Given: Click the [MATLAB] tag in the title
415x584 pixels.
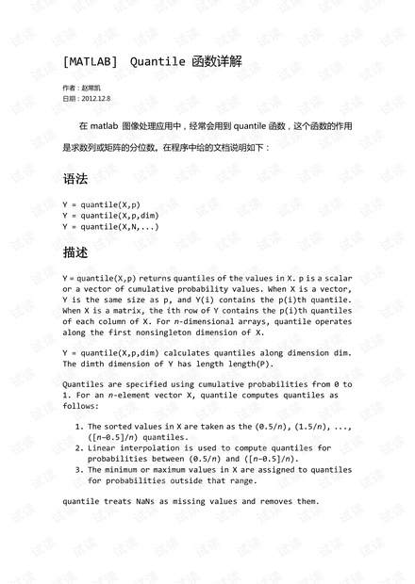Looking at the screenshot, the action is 90,62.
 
